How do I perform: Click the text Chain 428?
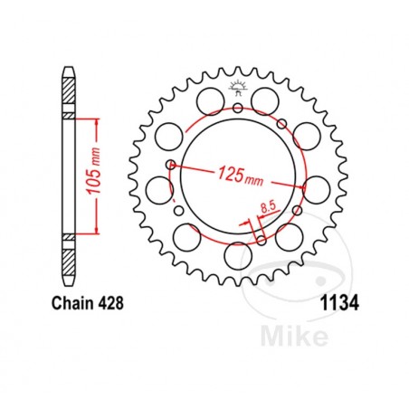click(x=88, y=303)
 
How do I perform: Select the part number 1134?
click(x=339, y=303)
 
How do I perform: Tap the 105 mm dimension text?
click(x=94, y=171)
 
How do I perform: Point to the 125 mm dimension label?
click(x=241, y=176)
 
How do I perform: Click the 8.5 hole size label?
click(x=268, y=207)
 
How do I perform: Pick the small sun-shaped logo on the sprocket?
click(x=238, y=88)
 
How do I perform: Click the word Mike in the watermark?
click(x=294, y=335)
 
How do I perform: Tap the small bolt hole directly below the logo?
click(x=238, y=108)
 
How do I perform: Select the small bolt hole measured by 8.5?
click(x=262, y=240)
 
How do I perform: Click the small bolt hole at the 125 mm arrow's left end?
click(x=171, y=164)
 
